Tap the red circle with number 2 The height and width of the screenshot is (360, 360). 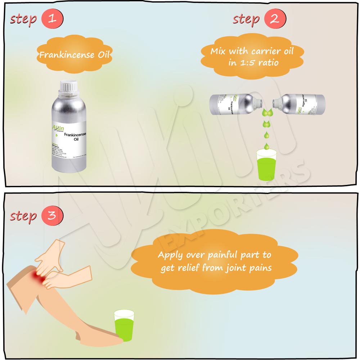click(275, 19)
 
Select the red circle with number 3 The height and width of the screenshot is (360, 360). click(52, 216)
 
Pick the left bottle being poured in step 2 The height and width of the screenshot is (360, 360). click(234, 103)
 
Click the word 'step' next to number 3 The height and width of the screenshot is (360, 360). click(23, 216)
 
